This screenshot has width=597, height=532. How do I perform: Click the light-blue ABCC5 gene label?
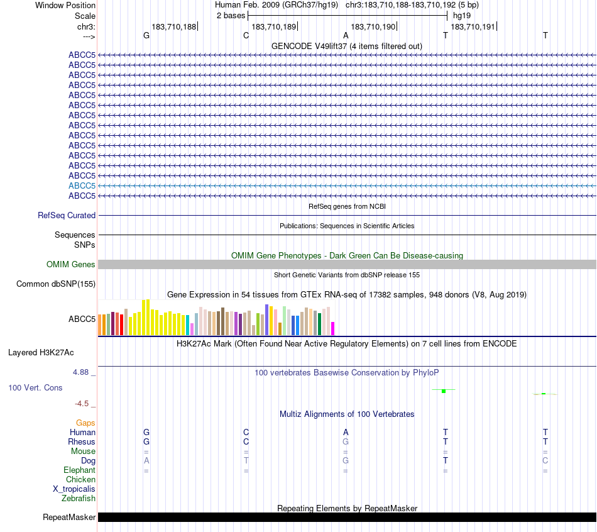pos(82,186)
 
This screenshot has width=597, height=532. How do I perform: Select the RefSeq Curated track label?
pos(67,215)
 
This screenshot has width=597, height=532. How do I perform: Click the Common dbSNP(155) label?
pos(56,284)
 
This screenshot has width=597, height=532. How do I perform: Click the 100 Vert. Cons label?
pos(35,388)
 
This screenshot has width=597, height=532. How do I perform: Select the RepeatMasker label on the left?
pos(69,518)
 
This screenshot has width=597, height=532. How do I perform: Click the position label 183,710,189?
pos(273,27)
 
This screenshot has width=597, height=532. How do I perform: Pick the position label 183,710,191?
pos(473,27)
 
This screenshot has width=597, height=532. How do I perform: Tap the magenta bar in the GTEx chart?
pos(333,328)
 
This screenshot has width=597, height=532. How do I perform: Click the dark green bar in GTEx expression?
pos(320,324)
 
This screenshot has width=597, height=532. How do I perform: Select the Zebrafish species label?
pos(79,499)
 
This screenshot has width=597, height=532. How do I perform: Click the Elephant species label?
pos(79,470)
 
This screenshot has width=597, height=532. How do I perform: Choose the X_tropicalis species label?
pos(74,489)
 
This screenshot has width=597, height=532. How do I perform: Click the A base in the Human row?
pos(346,433)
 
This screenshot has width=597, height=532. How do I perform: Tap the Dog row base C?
pos(545,461)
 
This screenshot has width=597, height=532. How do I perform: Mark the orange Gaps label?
pos(85,423)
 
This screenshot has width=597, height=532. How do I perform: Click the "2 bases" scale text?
pos(231,15)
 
